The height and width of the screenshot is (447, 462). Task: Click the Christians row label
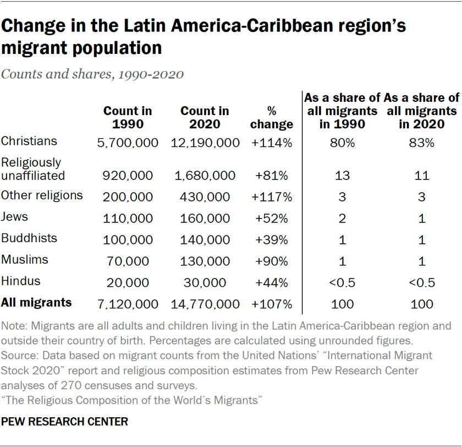(29, 141)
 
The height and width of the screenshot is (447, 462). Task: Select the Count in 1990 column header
(128, 118)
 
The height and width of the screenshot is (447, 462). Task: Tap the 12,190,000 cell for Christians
(205, 143)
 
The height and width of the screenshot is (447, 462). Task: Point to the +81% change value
(271, 176)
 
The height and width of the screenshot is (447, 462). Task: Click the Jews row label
(15, 216)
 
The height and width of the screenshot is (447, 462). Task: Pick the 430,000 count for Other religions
(205, 197)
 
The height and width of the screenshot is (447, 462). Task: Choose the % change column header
(271, 118)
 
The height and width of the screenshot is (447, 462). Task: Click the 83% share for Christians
(421, 143)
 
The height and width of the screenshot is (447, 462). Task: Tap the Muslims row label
(25, 259)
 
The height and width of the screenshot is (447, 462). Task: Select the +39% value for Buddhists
(271, 240)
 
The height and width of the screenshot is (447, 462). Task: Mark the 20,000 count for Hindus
(128, 283)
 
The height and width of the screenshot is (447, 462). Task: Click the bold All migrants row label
(36, 302)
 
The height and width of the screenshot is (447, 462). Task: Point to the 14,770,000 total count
(205, 304)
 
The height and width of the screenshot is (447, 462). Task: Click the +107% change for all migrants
(271, 304)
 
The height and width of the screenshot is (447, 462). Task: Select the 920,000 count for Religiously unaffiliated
(128, 176)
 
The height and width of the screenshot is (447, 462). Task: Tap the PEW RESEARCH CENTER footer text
(65, 422)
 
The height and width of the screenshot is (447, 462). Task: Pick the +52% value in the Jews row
(271, 219)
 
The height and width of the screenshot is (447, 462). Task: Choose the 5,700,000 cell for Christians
(128, 143)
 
